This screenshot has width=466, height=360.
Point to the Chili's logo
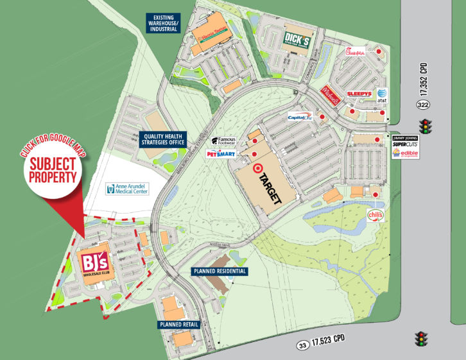tap(375, 215)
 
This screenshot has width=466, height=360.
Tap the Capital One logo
tap(300, 117)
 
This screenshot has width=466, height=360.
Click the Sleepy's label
tap(359, 94)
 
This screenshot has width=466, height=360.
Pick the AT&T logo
tap(383, 95)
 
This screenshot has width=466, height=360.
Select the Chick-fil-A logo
tap(356, 53)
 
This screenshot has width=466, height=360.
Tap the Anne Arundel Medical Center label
tap(128, 189)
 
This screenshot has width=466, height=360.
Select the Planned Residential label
tap(220, 271)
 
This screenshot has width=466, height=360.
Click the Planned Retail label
tap(180, 325)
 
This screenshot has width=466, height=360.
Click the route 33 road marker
tap(302, 346)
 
